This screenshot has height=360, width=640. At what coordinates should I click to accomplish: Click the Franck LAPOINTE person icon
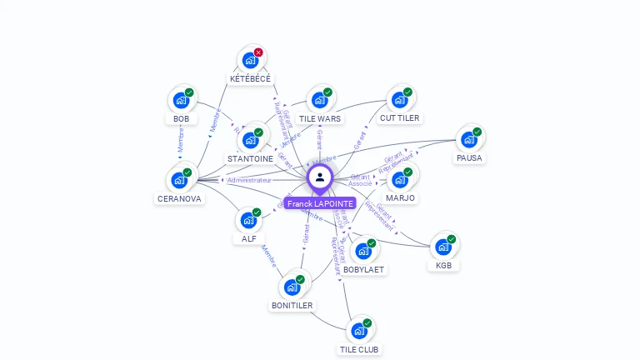[320, 177]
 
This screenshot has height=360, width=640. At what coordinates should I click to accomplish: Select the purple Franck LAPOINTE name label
[320, 203]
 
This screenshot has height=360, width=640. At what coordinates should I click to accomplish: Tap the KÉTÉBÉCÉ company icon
[249, 61]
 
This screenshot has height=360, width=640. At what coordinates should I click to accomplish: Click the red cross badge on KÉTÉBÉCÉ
[258, 52]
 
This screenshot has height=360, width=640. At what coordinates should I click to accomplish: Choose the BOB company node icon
[180, 100]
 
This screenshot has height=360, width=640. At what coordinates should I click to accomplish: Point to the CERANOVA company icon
[178, 180]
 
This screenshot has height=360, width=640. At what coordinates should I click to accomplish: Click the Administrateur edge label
[249, 180]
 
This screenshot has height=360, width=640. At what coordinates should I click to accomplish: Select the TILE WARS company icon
[318, 100]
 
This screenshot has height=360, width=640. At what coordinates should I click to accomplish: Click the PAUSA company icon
[468, 139]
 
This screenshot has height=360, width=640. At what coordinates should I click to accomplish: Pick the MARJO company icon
[399, 179]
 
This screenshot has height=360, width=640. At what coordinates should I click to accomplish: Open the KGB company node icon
[442, 247]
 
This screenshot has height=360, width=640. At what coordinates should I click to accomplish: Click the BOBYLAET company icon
[362, 251]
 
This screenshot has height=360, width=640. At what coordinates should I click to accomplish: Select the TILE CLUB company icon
[359, 331]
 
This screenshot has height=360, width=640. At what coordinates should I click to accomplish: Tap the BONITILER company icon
[292, 287]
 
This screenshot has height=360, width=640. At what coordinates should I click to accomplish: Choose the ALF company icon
[248, 220]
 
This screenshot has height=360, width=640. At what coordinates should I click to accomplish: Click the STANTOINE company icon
[249, 140]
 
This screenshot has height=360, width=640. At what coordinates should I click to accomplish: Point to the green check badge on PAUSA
[477, 132]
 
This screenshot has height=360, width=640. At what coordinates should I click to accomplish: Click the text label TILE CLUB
[360, 350]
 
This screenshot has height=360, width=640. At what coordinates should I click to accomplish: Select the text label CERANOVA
[179, 199]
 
